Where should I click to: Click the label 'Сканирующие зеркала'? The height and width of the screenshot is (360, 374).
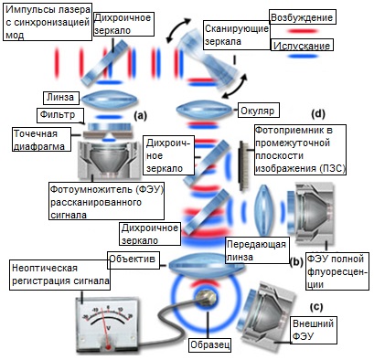(236, 35)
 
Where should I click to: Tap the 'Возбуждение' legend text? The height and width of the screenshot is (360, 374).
(302, 17)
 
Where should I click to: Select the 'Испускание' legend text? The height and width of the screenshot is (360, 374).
(302, 46)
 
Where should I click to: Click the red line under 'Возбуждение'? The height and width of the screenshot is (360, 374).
(302, 31)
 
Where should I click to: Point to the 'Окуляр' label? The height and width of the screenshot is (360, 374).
(258, 111)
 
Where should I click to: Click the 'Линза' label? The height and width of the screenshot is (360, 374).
(60, 98)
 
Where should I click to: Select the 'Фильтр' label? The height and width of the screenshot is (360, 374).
(58, 115)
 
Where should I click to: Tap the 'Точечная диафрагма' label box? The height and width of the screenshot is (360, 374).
(41, 140)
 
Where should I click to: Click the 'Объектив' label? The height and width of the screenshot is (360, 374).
(133, 259)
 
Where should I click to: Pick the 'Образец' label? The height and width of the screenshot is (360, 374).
(209, 345)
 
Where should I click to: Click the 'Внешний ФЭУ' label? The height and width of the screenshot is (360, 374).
(313, 330)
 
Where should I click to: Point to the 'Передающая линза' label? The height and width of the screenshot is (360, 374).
(256, 250)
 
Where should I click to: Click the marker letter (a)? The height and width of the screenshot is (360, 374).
(140, 115)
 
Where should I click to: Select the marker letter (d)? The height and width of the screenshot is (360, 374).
(318, 113)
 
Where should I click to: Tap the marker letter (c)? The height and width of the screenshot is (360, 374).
(316, 307)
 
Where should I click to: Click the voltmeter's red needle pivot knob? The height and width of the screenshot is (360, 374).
(108, 346)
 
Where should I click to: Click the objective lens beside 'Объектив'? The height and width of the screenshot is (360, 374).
(207, 265)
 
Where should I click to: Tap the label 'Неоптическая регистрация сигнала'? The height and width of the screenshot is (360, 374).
(60, 275)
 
